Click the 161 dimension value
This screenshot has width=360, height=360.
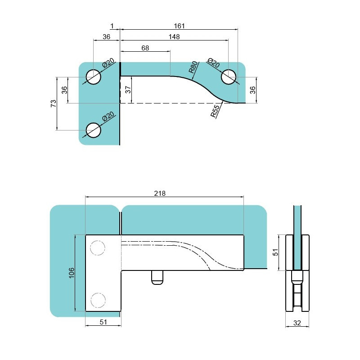pos(179,26)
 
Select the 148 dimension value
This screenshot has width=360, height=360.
pos(174,37)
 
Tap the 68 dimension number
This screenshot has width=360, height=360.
pos(145,48)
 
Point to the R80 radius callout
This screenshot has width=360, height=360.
pos(193,67)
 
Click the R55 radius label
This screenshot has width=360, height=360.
pos(215,111)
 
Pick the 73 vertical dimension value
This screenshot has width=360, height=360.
pos(54,103)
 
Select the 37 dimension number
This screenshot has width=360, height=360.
pos(129,89)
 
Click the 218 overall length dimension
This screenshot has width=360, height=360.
pos(160,193)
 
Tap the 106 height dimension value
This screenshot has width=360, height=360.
pos(72,273)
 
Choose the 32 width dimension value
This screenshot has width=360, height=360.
pos(297,323)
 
